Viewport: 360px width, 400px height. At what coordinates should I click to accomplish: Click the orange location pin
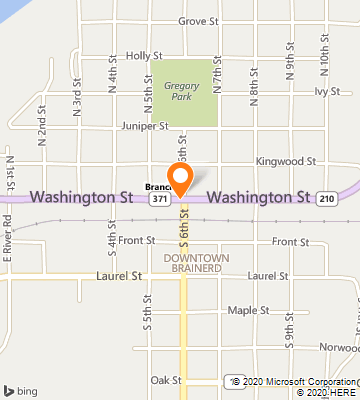(181, 179)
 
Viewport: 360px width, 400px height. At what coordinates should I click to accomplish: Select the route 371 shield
(159, 199)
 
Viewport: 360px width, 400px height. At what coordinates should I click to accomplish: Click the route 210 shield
(327, 199)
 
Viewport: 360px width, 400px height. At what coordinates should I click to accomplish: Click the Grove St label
(198, 21)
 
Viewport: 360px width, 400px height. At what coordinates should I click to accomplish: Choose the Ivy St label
(328, 91)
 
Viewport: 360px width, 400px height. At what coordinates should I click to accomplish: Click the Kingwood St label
(285, 160)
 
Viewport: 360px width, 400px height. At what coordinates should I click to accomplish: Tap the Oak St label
(165, 380)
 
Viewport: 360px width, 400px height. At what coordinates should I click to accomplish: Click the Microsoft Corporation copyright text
(294, 381)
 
